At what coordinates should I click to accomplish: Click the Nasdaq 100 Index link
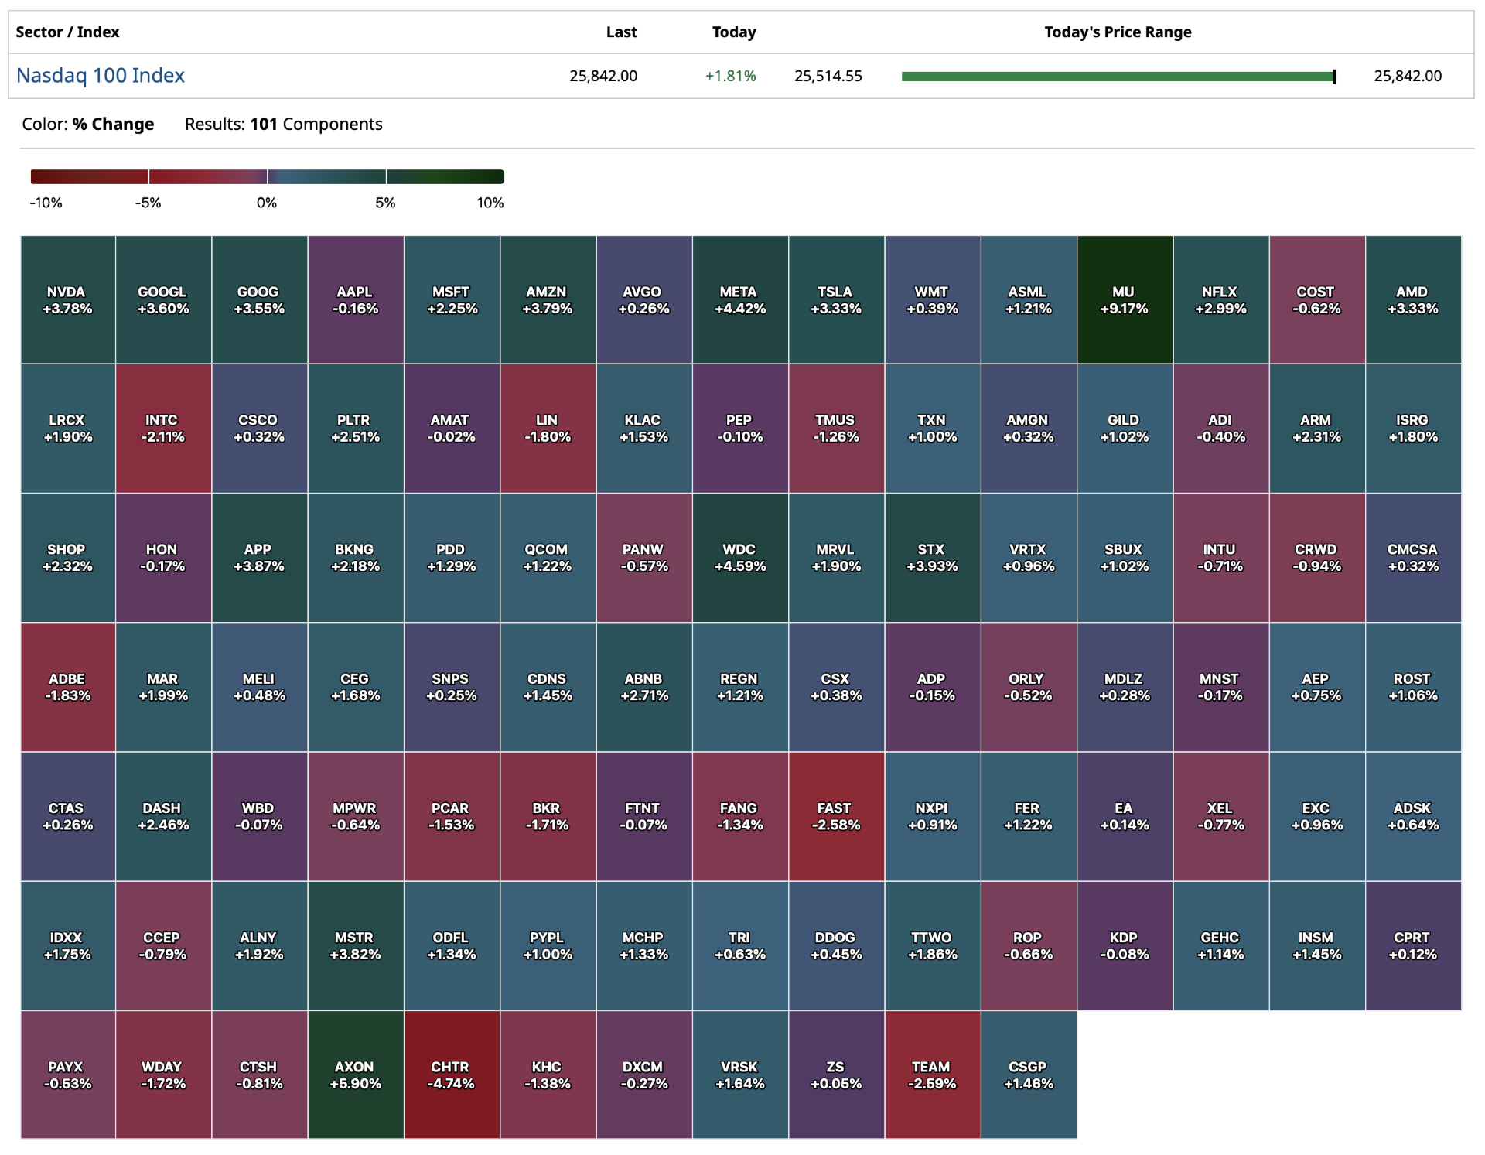pos(101,76)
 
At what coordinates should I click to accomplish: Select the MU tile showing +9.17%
pos(1124,300)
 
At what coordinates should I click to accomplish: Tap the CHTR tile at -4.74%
pos(451,1075)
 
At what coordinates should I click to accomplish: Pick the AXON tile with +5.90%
pos(355,1075)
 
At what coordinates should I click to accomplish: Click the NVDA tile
pos(67,300)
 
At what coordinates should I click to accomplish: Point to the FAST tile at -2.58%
pos(835,816)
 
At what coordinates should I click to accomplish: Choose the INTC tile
pos(162,428)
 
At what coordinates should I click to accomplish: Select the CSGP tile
pos(1028,1075)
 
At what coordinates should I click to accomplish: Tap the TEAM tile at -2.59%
pos(932,1075)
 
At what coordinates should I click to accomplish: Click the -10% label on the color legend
pos(46,203)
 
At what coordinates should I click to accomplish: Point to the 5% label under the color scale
pos(385,203)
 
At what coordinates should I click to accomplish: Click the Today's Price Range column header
pos(1117,32)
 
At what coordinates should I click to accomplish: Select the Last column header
pos(621,32)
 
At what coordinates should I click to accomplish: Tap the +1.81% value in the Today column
pos(730,76)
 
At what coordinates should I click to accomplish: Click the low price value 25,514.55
pos(828,76)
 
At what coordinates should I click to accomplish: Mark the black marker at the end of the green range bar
pos(1334,76)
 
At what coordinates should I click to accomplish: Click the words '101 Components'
pos(316,125)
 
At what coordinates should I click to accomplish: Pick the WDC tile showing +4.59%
pos(739,558)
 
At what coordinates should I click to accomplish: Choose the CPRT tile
pos(1412,945)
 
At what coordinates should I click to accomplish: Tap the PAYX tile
pos(67,1075)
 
